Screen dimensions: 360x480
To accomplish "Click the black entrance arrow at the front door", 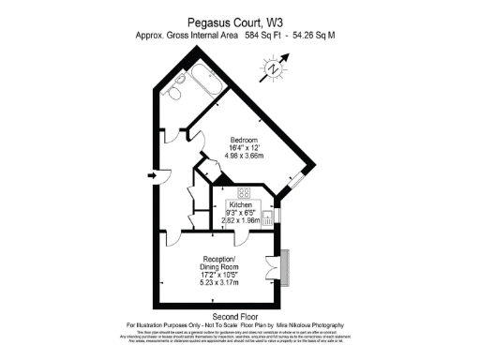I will click(x=152, y=173).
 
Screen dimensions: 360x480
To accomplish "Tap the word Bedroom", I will click(x=245, y=140).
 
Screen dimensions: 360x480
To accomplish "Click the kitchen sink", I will click(x=268, y=217).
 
